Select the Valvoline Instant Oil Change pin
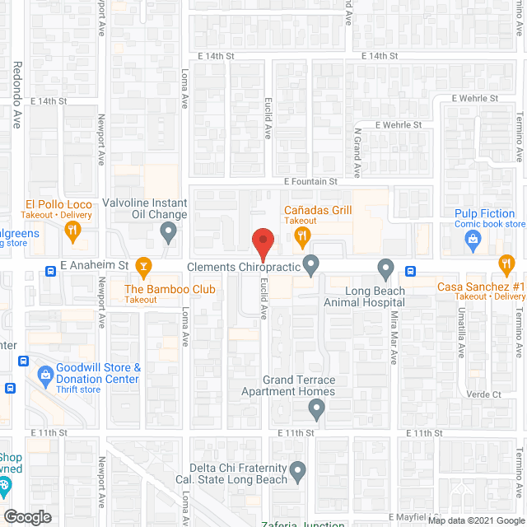(x=169, y=234)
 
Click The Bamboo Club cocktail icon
(x=144, y=266)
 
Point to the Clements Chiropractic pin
(x=310, y=265)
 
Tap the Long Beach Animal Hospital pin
(x=385, y=268)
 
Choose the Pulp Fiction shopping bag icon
(x=473, y=240)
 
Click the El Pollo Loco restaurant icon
(x=73, y=232)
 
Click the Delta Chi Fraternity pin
(x=298, y=472)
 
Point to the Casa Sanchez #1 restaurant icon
(x=506, y=264)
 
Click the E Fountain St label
(x=311, y=181)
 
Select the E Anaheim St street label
(x=95, y=266)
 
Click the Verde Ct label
(x=484, y=394)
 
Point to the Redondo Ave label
(x=16, y=95)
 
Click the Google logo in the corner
(x=27, y=516)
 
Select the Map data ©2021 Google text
(x=475, y=520)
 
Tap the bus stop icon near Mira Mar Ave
(x=409, y=271)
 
